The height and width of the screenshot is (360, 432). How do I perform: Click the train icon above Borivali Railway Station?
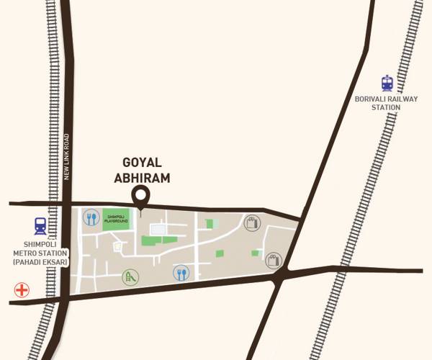[x=387, y=83]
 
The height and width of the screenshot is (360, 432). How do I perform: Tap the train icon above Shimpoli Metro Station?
[x=40, y=226]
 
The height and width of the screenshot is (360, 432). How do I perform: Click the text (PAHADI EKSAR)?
[x=40, y=261]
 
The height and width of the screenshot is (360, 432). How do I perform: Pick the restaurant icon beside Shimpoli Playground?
[x=91, y=218]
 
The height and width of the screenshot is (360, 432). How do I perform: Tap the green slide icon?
[x=130, y=276]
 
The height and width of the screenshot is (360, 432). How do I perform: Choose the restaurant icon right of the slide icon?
[x=181, y=274]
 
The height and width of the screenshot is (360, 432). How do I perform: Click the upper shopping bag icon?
[x=251, y=222]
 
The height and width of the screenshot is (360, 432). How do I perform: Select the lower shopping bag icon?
[x=273, y=259]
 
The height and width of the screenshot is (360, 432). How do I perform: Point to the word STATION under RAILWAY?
[x=386, y=107]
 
